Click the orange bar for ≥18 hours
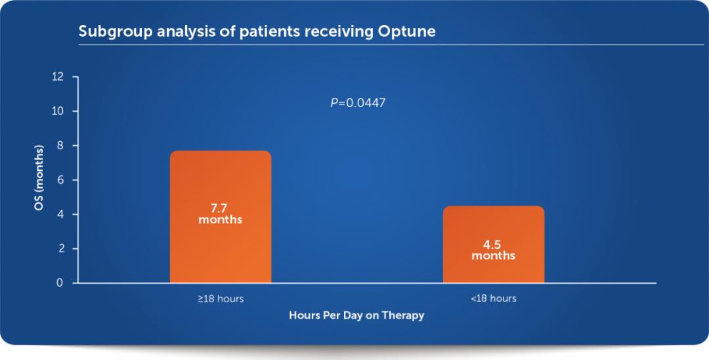[x=221, y=217]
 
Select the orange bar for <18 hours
[x=493, y=244]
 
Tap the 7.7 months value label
[x=221, y=214]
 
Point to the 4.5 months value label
[x=493, y=250]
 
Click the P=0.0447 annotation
[x=358, y=103]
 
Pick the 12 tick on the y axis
[x=58, y=77]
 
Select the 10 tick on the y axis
[x=58, y=111]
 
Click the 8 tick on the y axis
[x=61, y=146]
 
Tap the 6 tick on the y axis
[x=61, y=180]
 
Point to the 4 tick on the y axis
[x=61, y=214]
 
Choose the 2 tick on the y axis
[x=61, y=249]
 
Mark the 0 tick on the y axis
[x=61, y=283]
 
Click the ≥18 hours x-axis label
[x=221, y=299]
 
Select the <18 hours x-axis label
[x=493, y=299]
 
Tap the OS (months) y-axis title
[x=40, y=180]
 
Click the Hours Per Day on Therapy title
[x=356, y=315]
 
